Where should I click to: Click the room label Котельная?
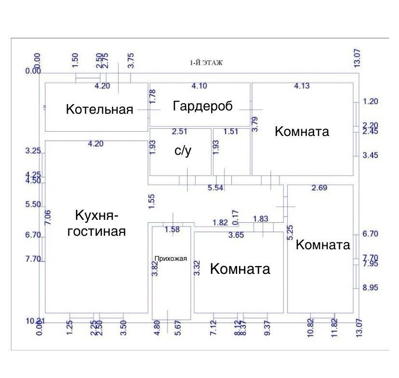click(99, 109)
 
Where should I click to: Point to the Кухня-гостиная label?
click(96, 223)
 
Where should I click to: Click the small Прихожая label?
click(171, 258)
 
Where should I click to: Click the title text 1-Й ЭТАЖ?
click(206, 63)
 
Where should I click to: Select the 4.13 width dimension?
click(302, 86)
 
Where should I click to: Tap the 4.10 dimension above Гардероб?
click(199, 86)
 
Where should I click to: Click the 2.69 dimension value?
click(319, 188)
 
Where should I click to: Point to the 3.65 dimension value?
click(237, 235)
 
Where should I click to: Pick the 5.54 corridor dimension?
click(215, 188)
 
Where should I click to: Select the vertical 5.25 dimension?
click(290, 232)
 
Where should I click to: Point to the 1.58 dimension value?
click(172, 229)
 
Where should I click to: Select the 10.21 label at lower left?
click(35, 321)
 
